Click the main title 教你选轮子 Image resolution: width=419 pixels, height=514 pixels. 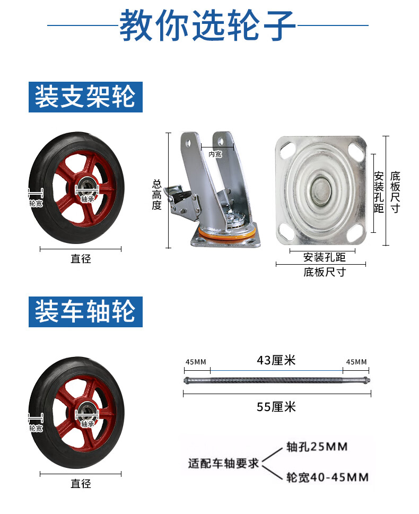[207, 25]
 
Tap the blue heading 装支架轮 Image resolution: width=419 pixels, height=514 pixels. [85, 97]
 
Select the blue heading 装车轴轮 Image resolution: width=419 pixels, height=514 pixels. [85, 311]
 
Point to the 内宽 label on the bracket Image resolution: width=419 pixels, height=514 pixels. [215, 154]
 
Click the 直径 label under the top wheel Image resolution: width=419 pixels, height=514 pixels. [81, 259]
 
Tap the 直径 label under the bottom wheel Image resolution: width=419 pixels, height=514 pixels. [81, 484]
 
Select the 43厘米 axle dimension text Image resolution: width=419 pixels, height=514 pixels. [276, 360]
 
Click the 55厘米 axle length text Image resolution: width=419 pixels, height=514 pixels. [276, 407]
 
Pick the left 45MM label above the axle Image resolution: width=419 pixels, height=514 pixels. [196, 362]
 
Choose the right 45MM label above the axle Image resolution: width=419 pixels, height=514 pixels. [356, 362]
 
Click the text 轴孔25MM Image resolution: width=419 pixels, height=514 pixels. [317, 447]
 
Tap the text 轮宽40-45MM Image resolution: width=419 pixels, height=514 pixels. [327, 477]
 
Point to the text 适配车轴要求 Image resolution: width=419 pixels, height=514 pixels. [223, 463]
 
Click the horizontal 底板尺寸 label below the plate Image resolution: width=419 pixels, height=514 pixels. [325, 272]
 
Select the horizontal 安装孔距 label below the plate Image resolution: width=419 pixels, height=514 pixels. [325, 257]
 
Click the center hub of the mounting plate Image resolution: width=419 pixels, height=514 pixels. [321, 190]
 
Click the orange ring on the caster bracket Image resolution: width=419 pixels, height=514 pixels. [227, 234]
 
